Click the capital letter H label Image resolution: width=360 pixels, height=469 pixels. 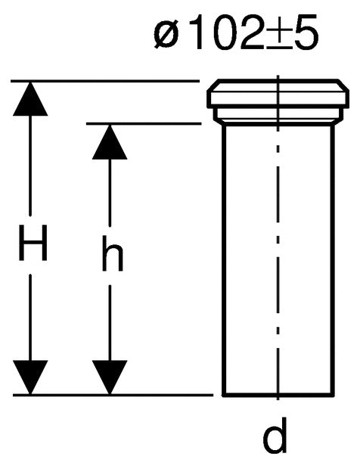[33, 243]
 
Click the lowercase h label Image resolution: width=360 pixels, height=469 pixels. [113, 253]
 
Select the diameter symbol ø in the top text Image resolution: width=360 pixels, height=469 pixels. [166, 34]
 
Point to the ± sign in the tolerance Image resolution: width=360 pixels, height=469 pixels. [278, 35]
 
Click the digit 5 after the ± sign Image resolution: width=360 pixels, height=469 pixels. [306, 33]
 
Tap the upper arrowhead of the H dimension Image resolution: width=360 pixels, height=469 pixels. [30, 98]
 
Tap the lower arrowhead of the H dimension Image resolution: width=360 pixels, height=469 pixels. [30, 377]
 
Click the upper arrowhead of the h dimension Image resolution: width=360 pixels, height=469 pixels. [110, 141]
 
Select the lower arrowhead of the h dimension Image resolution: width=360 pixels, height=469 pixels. [110, 377]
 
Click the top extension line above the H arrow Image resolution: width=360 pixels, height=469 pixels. [105, 81]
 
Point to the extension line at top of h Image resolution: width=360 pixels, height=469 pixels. [144, 123]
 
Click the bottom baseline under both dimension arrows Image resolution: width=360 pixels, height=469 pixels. [113, 395]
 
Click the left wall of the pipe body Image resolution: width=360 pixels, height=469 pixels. [224, 259]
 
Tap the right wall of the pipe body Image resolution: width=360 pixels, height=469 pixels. [333, 259]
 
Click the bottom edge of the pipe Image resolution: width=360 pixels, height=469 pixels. [278, 395]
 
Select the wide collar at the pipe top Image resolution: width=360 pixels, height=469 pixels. [278, 94]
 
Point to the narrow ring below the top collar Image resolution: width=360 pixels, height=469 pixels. [278, 114]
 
